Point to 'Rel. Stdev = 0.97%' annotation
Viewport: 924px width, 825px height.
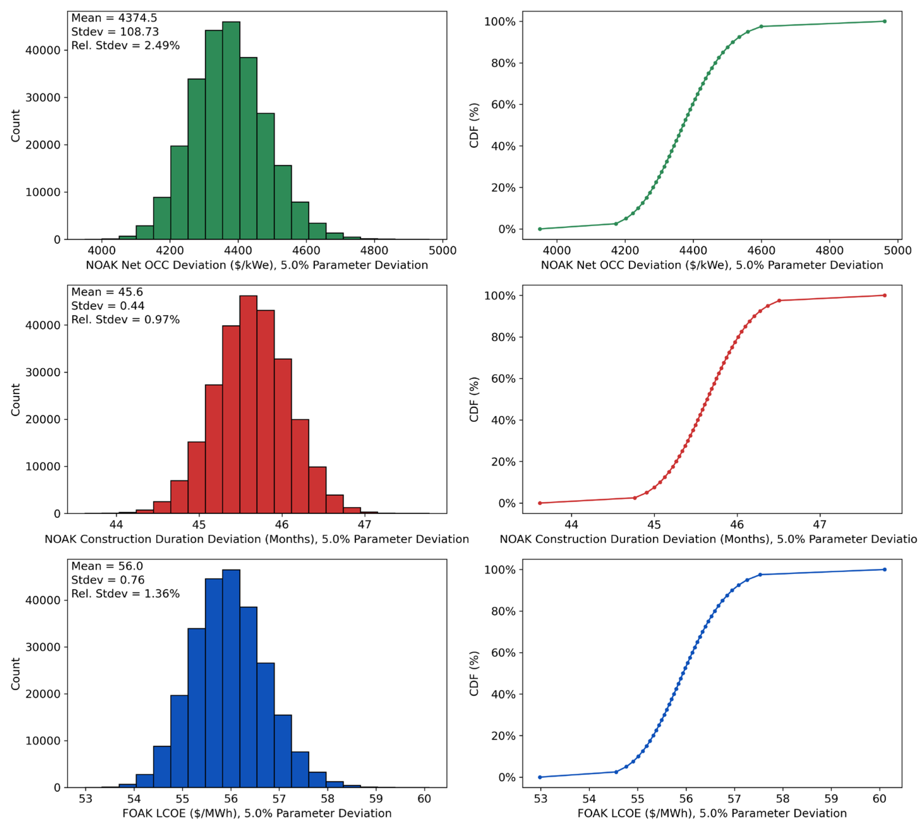click(x=125, y=320)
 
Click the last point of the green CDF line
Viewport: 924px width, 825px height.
click(x=884, y=21)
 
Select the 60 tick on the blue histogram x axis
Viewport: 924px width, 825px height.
click(x=424, y=799)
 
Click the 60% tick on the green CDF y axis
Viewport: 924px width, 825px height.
click(x=503, y=105)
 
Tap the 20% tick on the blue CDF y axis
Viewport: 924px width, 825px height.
click(x=503, y=736)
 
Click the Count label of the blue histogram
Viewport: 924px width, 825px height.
click(x=16, y=674)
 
